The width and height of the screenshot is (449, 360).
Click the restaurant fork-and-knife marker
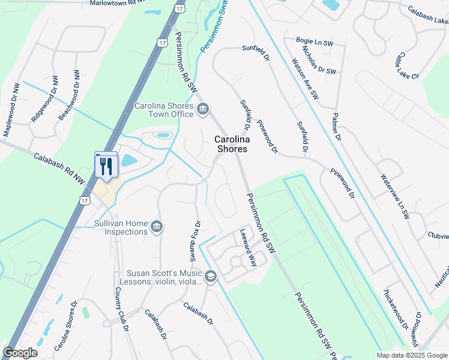point(107,166)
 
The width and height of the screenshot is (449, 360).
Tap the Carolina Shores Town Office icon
point(203,109)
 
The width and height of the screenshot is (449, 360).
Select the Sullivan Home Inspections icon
point(157,226)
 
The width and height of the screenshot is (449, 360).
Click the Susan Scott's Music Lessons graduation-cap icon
point(210,276)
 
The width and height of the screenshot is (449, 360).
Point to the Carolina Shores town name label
point(231,144)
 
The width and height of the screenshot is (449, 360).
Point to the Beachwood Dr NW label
point(68,95)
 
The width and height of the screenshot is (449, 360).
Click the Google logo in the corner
point(20,353)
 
